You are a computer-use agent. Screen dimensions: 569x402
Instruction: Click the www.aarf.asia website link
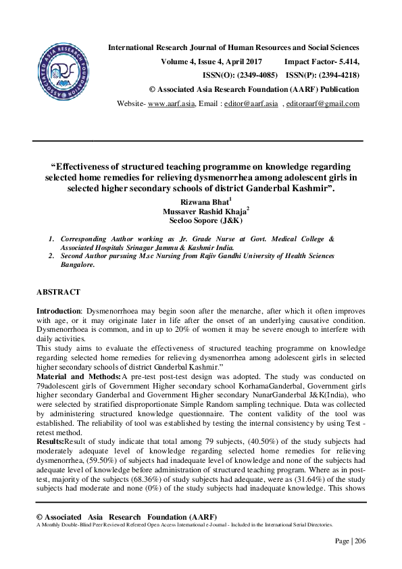(171, 103)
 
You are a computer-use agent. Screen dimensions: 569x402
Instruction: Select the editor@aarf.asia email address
(251, 103)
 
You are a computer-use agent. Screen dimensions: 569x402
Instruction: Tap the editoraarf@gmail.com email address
(323, 103)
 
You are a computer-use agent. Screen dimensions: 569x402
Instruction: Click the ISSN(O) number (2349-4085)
(254, 75)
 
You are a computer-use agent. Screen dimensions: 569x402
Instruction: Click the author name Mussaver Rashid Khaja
(200, 211)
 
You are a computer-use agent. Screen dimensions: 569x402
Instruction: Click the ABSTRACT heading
(58, 292)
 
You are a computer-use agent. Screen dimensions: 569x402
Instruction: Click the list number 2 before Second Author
(51, 255)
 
